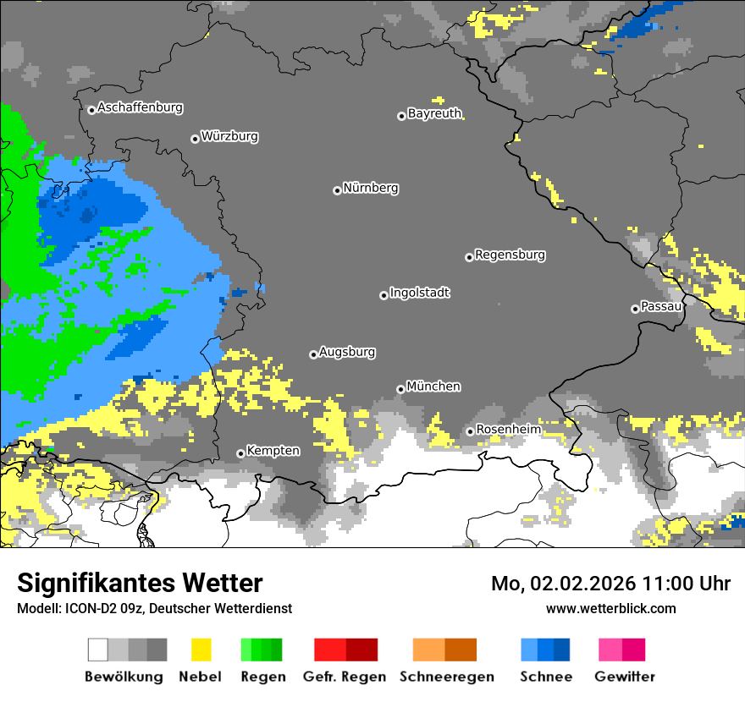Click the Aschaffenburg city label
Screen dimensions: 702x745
pyautogui.click(x=140, y=108)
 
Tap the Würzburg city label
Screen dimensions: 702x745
pyautogui.click(x=229, y=136)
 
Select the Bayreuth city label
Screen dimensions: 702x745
pyautogui.click(x=434, y=113)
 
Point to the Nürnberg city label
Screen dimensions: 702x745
pyautogui.click(x=370, y=189)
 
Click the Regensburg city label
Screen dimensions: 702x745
pyautogui.click(x=510, y=255)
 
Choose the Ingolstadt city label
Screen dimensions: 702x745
pyautogui.click(x=419, y=293)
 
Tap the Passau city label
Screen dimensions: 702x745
pyautogui.click(x=661, y=306)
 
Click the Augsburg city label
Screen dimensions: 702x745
pyautogui.click(x=347, y=352)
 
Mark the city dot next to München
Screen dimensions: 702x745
pyautogui.click(x=400, y=389)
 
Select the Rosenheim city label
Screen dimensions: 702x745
pyautogui.click(x=508, y=430)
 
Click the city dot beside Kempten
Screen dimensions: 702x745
pyautogui.click(x=240, y=453)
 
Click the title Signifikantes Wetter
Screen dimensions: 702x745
pyautogui.click(x=140, y=583)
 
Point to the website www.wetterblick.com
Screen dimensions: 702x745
pyautogui.click(x=610, y=608)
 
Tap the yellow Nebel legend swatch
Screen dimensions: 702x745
pyautogui.click(x=201, y=650)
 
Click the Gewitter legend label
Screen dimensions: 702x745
pyautogui.click(x=624, y=677)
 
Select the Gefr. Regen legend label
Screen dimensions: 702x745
pyautogui.click(x=345, y=677)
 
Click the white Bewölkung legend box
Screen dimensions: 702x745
pyautogui.click(x=98, y=650)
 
